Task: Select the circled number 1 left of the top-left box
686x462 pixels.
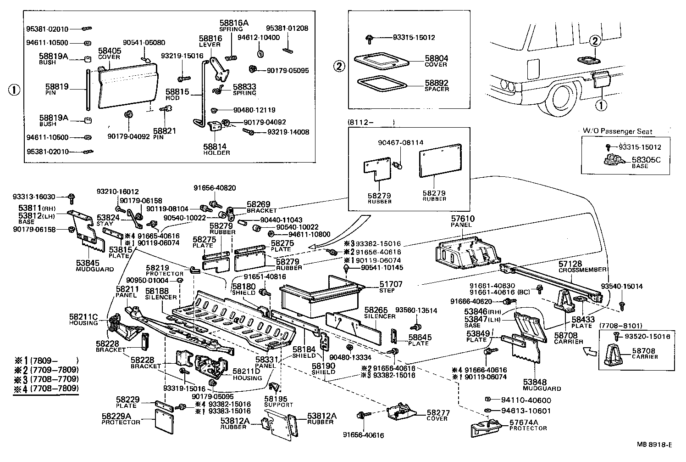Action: [x=14, y=90]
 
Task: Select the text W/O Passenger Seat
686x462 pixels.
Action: [x=617, y=131]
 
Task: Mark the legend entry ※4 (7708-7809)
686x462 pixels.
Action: [x=46, y=389]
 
